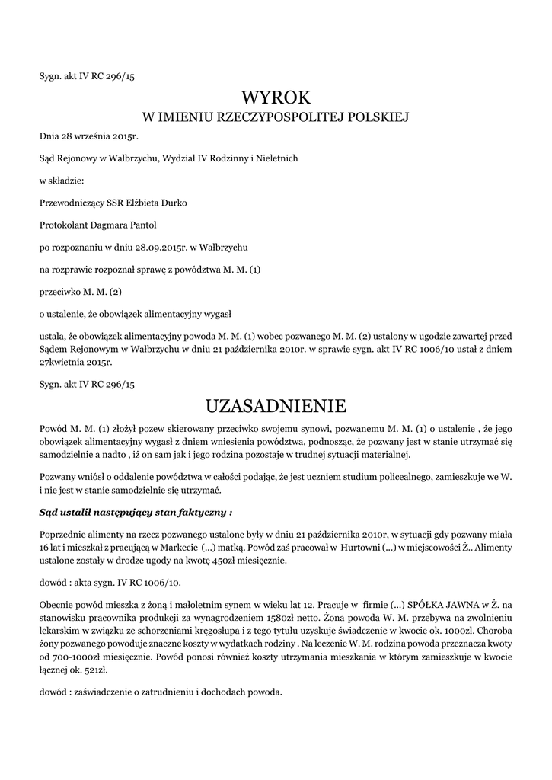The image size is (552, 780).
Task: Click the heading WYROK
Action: [276, 97]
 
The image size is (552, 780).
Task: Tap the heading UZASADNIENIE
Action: [276, 404]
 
